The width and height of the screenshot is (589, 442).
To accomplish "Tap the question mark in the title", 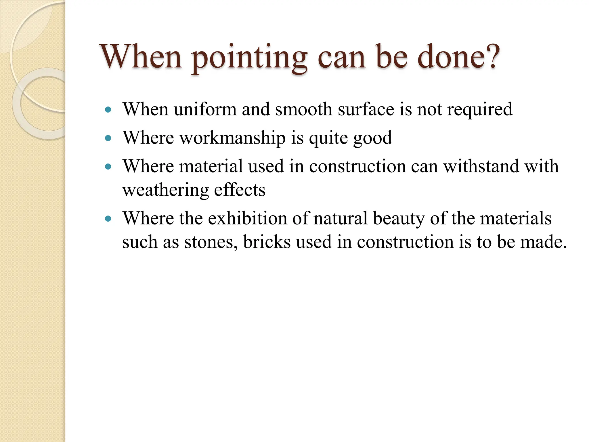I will (490, 56).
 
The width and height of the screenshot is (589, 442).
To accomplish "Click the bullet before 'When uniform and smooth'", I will (108, 110).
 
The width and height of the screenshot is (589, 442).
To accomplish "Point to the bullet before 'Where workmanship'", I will (108, 138).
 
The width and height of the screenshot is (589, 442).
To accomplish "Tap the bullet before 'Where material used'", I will (108, 167).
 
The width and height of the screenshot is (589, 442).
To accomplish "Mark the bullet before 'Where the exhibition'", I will (108, 219).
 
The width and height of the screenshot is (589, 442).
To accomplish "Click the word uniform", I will (205, 109).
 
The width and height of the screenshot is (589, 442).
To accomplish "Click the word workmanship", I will (232, 138).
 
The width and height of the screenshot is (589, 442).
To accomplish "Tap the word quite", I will (328, 138).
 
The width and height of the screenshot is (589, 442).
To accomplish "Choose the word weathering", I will (165, 190).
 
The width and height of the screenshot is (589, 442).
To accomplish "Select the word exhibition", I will (247, 218).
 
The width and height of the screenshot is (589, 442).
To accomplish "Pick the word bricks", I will (267, 242).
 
